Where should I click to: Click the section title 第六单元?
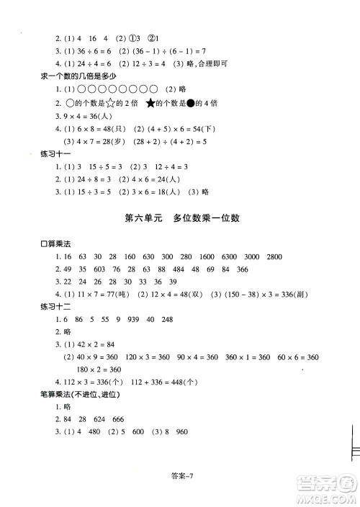(136, 217)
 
